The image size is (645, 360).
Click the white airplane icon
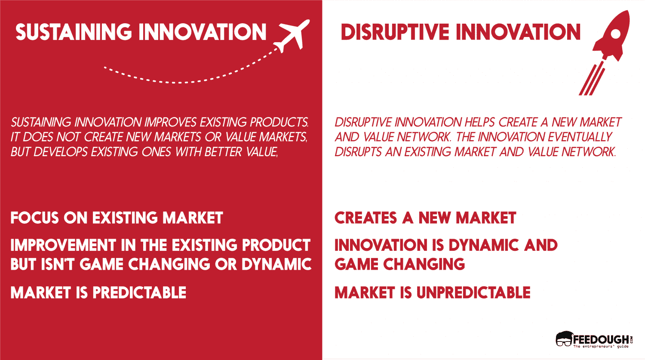coord(293,35)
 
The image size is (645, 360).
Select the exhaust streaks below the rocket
coord(591,80)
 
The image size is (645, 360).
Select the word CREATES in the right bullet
coord(365,218)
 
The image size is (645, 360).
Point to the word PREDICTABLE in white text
coord(139,293)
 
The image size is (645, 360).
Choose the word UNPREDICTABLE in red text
coord(473,293)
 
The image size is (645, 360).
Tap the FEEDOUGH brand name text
coord(600,339)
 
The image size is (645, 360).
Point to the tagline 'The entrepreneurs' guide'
coord(600,346)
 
